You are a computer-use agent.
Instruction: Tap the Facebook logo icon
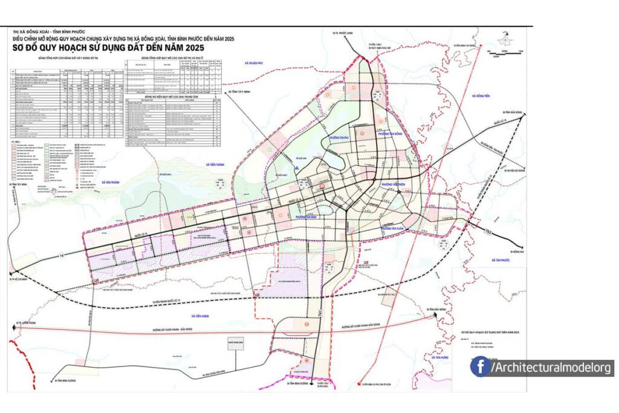click(480, 366)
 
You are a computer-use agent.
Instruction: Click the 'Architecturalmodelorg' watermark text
click(552, 368)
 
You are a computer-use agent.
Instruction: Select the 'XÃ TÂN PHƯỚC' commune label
click(499, 260)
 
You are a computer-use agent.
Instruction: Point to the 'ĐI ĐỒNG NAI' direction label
click(516, 252)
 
